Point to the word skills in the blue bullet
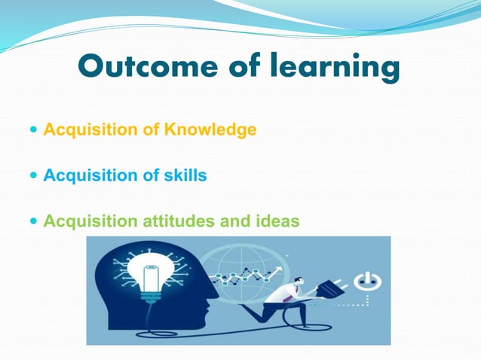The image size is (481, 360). click(185, 175)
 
